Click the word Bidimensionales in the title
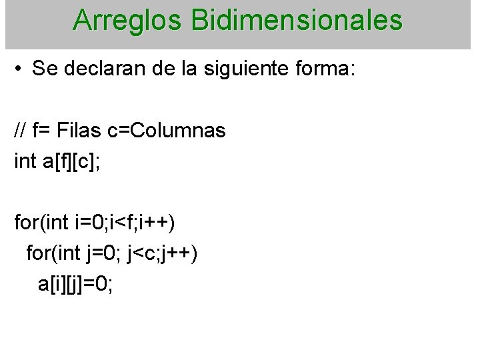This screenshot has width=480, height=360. click(x=297, y=21)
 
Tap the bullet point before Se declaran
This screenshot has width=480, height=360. click(x=19, y=69)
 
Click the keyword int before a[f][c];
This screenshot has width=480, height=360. click(x=25, y=161)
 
